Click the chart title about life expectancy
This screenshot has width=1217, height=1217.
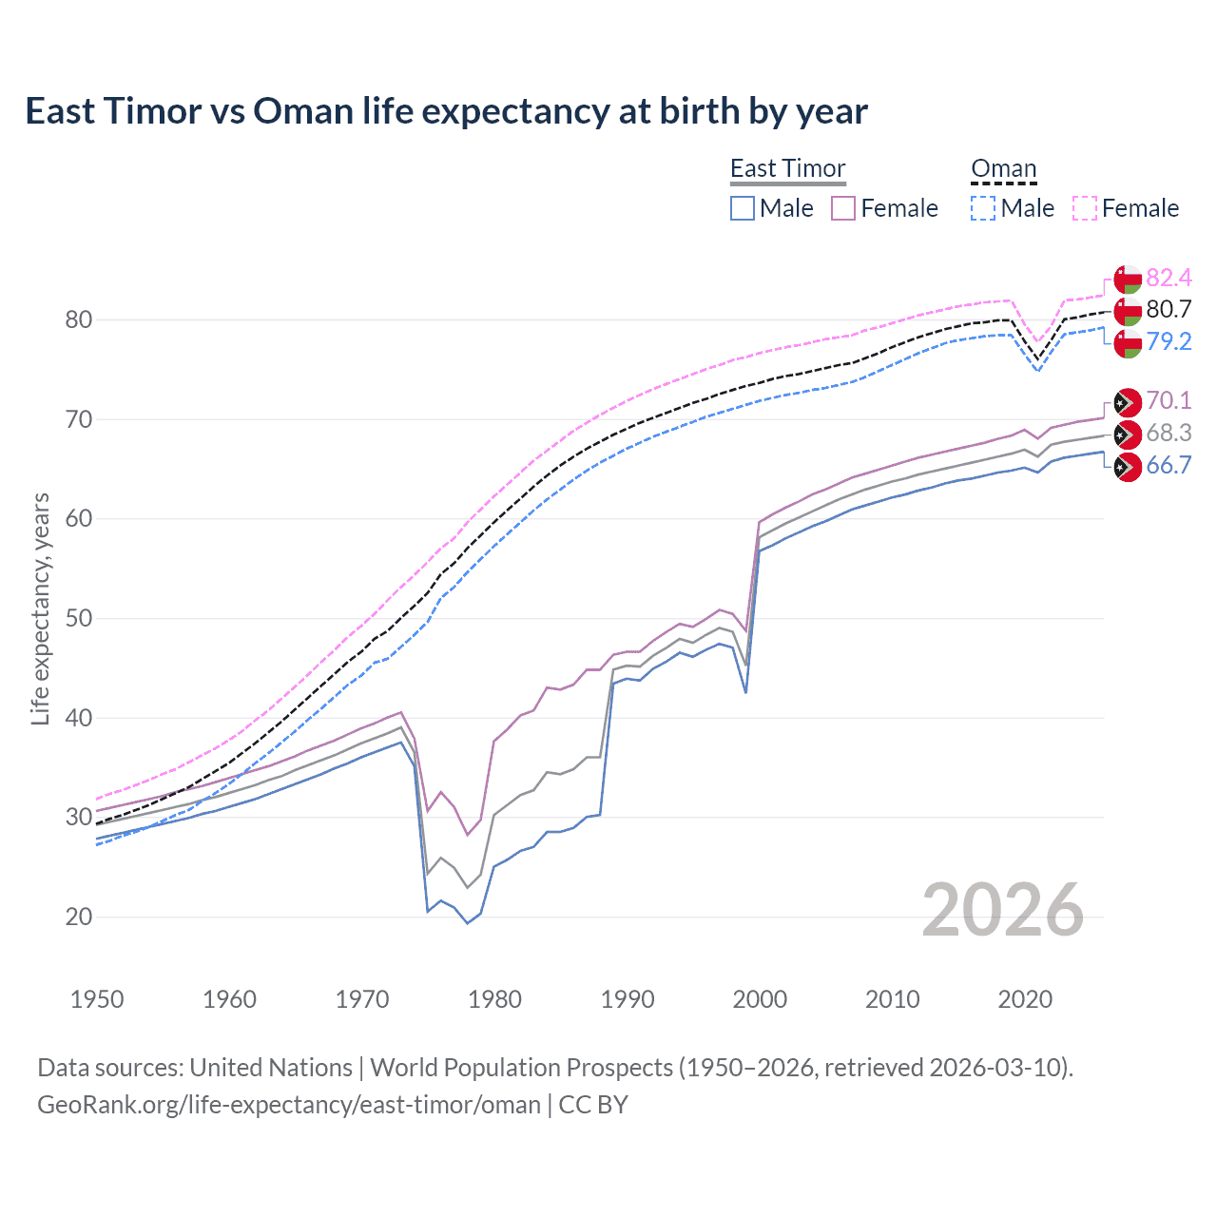[446, 111]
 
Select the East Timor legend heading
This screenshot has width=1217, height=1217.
[787, 168]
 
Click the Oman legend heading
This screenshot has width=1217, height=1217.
[1003, 168]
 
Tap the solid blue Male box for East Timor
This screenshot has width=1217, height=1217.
[743, 208]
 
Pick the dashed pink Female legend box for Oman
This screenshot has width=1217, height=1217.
[1085, 208]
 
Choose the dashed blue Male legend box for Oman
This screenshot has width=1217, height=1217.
[983, 208]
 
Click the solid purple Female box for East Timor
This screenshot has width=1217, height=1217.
[843, 208]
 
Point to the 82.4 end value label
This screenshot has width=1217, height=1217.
[1169, 278]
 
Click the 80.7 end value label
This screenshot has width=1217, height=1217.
[1169, 309]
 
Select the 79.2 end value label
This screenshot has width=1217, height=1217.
[1169, 341]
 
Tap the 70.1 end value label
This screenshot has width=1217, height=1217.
[1169, 400]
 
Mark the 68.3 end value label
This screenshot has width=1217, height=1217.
[1169, 434]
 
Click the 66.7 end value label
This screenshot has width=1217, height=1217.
[1169, 465]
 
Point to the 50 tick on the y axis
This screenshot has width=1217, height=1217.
[79, 618]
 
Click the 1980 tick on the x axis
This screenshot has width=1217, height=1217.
[494, 999]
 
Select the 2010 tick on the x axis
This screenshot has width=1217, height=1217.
[892, 999]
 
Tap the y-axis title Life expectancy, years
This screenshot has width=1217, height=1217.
[40, 608]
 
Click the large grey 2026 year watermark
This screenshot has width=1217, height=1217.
[1002, 910]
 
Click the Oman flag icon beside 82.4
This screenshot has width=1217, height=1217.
[1128, 279]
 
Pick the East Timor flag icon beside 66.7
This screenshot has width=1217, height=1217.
[1128, 467]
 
